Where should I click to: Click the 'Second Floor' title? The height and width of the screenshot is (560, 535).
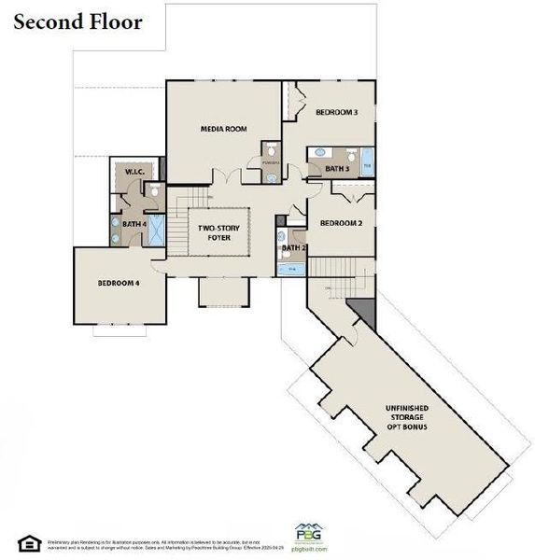pyautogui.click(x=77, y=21)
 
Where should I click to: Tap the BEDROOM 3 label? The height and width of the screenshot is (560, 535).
pyautogui.click(x=336, y=112)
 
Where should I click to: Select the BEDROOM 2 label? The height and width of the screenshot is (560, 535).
pyautogui.click(x=341, y=223)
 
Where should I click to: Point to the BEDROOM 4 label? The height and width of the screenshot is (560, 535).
pyautogui.click(x=119, y=284)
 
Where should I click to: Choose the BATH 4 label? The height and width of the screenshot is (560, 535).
pyautogui.click(x=134, y=224)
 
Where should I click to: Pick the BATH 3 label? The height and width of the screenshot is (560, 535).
pyautogui.click(x=336, y=169)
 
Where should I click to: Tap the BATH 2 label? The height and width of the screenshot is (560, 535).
pyautogui.click(x=293, y=248)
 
